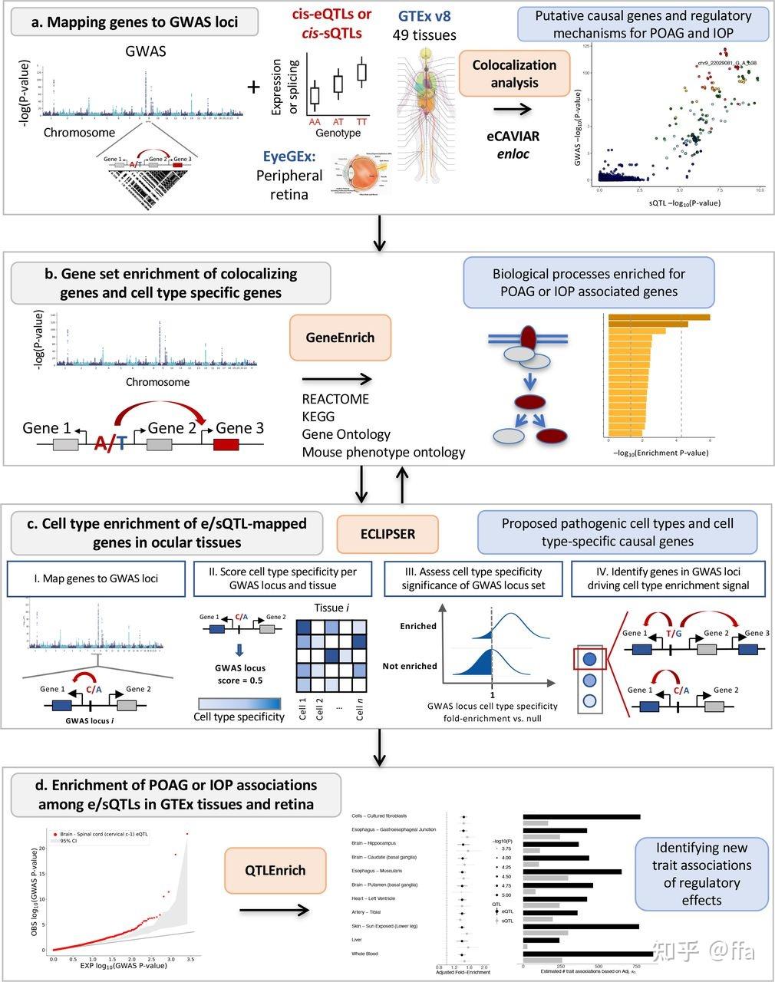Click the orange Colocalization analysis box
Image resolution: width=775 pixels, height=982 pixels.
click(x=514, y=74)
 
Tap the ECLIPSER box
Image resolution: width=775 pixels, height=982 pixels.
click(x=388, y=533)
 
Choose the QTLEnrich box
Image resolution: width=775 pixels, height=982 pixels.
click(x=275, y=870)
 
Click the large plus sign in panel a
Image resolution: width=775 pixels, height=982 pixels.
click(x=254, y=87)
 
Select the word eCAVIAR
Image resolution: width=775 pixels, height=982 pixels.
click(x=513, y=137)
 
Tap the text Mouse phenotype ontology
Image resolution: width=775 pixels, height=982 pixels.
click(x=383, y=452)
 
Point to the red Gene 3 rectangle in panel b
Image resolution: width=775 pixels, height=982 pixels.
click(x=228, y=445)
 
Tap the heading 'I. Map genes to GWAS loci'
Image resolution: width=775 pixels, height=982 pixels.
click(x=96, y=578)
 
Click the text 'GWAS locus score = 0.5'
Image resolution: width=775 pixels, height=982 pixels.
click(x=239, y=674)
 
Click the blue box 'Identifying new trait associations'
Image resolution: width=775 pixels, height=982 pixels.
click(x=701, y=874)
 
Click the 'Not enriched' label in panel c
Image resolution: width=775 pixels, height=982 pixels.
click(x=409, y=666)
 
